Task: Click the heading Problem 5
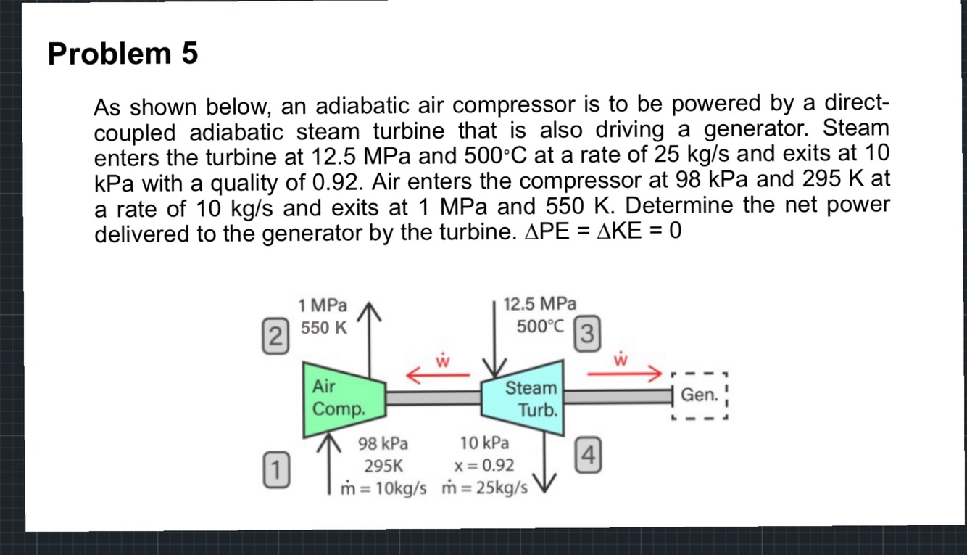click(x=123, y=54)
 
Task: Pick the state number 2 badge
click(x=274, y=336)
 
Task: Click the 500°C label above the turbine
click(x=540, y=326)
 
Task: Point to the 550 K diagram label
click(x=324, y=328)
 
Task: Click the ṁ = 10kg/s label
click(x=383, y=487)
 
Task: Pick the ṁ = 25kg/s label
click(x=484, y=487)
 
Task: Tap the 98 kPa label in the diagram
click(x=383, y=443)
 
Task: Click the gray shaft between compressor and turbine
click(x=433, y=398)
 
